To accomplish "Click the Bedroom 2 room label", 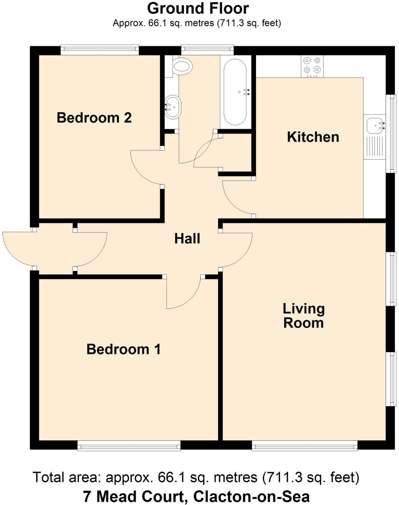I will pos(94,118).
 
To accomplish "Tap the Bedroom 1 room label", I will pos(123,349).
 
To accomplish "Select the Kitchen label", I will pos(313,137).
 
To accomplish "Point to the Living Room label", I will pos(304,316).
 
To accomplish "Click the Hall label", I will pos(187,239).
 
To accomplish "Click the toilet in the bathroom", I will pos(182,67).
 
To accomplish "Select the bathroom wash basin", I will pos(172,107).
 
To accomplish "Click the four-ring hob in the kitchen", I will pos(312,65).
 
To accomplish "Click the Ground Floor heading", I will pos(198,8).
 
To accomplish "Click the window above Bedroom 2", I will pos(100,49).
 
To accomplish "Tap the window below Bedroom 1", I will pos(129,445).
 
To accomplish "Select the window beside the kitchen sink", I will pos(391,133).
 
